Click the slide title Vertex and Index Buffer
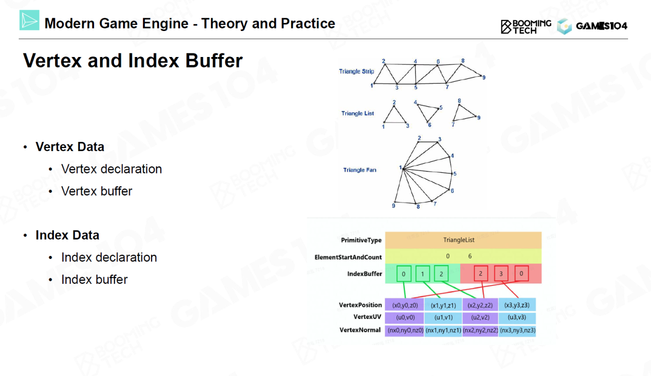click(133, 61)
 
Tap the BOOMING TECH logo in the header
click(526, 26)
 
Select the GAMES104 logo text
click(601, 26)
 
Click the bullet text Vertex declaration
click(111, 169)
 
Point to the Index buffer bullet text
click(94, 279)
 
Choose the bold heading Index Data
click(67, 235)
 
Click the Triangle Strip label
click(357, 72)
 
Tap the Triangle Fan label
click(360, 170)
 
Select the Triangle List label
click(358, 113)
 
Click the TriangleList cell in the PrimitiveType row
click(463, 240)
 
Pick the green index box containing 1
click(423, 274)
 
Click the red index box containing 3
click(501, 274)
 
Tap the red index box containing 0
click(521, 274)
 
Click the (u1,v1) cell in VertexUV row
click(443, 317)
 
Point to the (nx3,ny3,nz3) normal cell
click(517, 330)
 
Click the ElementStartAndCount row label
click(348, 257)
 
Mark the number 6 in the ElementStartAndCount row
click(470, 256)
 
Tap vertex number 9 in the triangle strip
click(484, 77)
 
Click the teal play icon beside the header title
click(29, 20)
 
